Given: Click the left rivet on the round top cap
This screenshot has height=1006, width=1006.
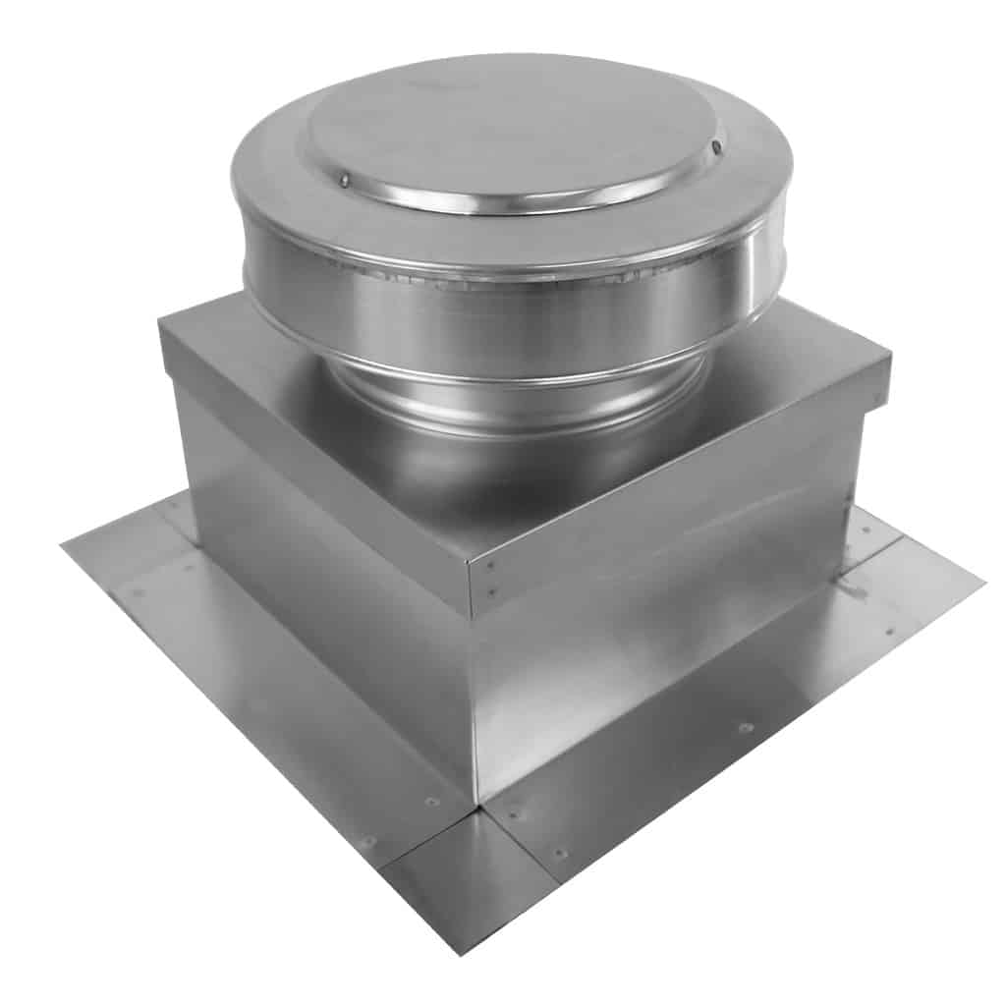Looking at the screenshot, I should coord(345,180).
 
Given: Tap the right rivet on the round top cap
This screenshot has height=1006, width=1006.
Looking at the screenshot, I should coord(716,146).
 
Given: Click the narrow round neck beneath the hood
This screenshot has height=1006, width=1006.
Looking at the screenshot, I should coord(521,393).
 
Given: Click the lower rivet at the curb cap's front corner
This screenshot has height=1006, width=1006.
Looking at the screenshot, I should coord(490,591).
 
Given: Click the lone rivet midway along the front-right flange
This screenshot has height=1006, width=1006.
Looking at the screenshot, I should coord(746,728).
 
